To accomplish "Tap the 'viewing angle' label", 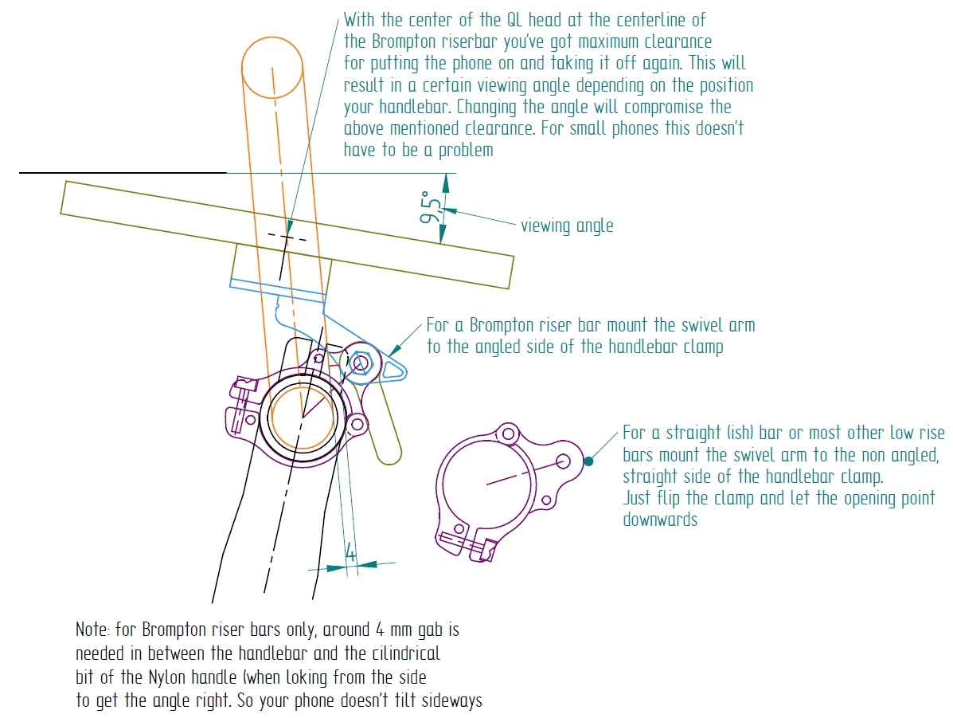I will (x=567, y=226).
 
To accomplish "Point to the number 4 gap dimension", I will (x=350, y=551).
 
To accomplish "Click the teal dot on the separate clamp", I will (x=588, y=460).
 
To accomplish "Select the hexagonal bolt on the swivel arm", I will (x=359, y=363).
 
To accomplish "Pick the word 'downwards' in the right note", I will (x=660, y=520).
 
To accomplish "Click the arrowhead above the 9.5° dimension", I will (x=445, y=182).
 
